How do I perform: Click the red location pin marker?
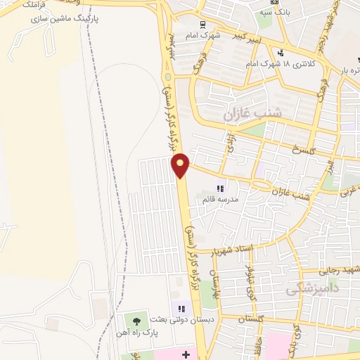181,165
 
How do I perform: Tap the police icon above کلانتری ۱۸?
281,52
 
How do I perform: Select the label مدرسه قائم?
219,200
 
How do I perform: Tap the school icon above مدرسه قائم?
220,188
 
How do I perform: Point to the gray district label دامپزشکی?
313,288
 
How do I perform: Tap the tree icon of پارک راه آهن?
136,321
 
